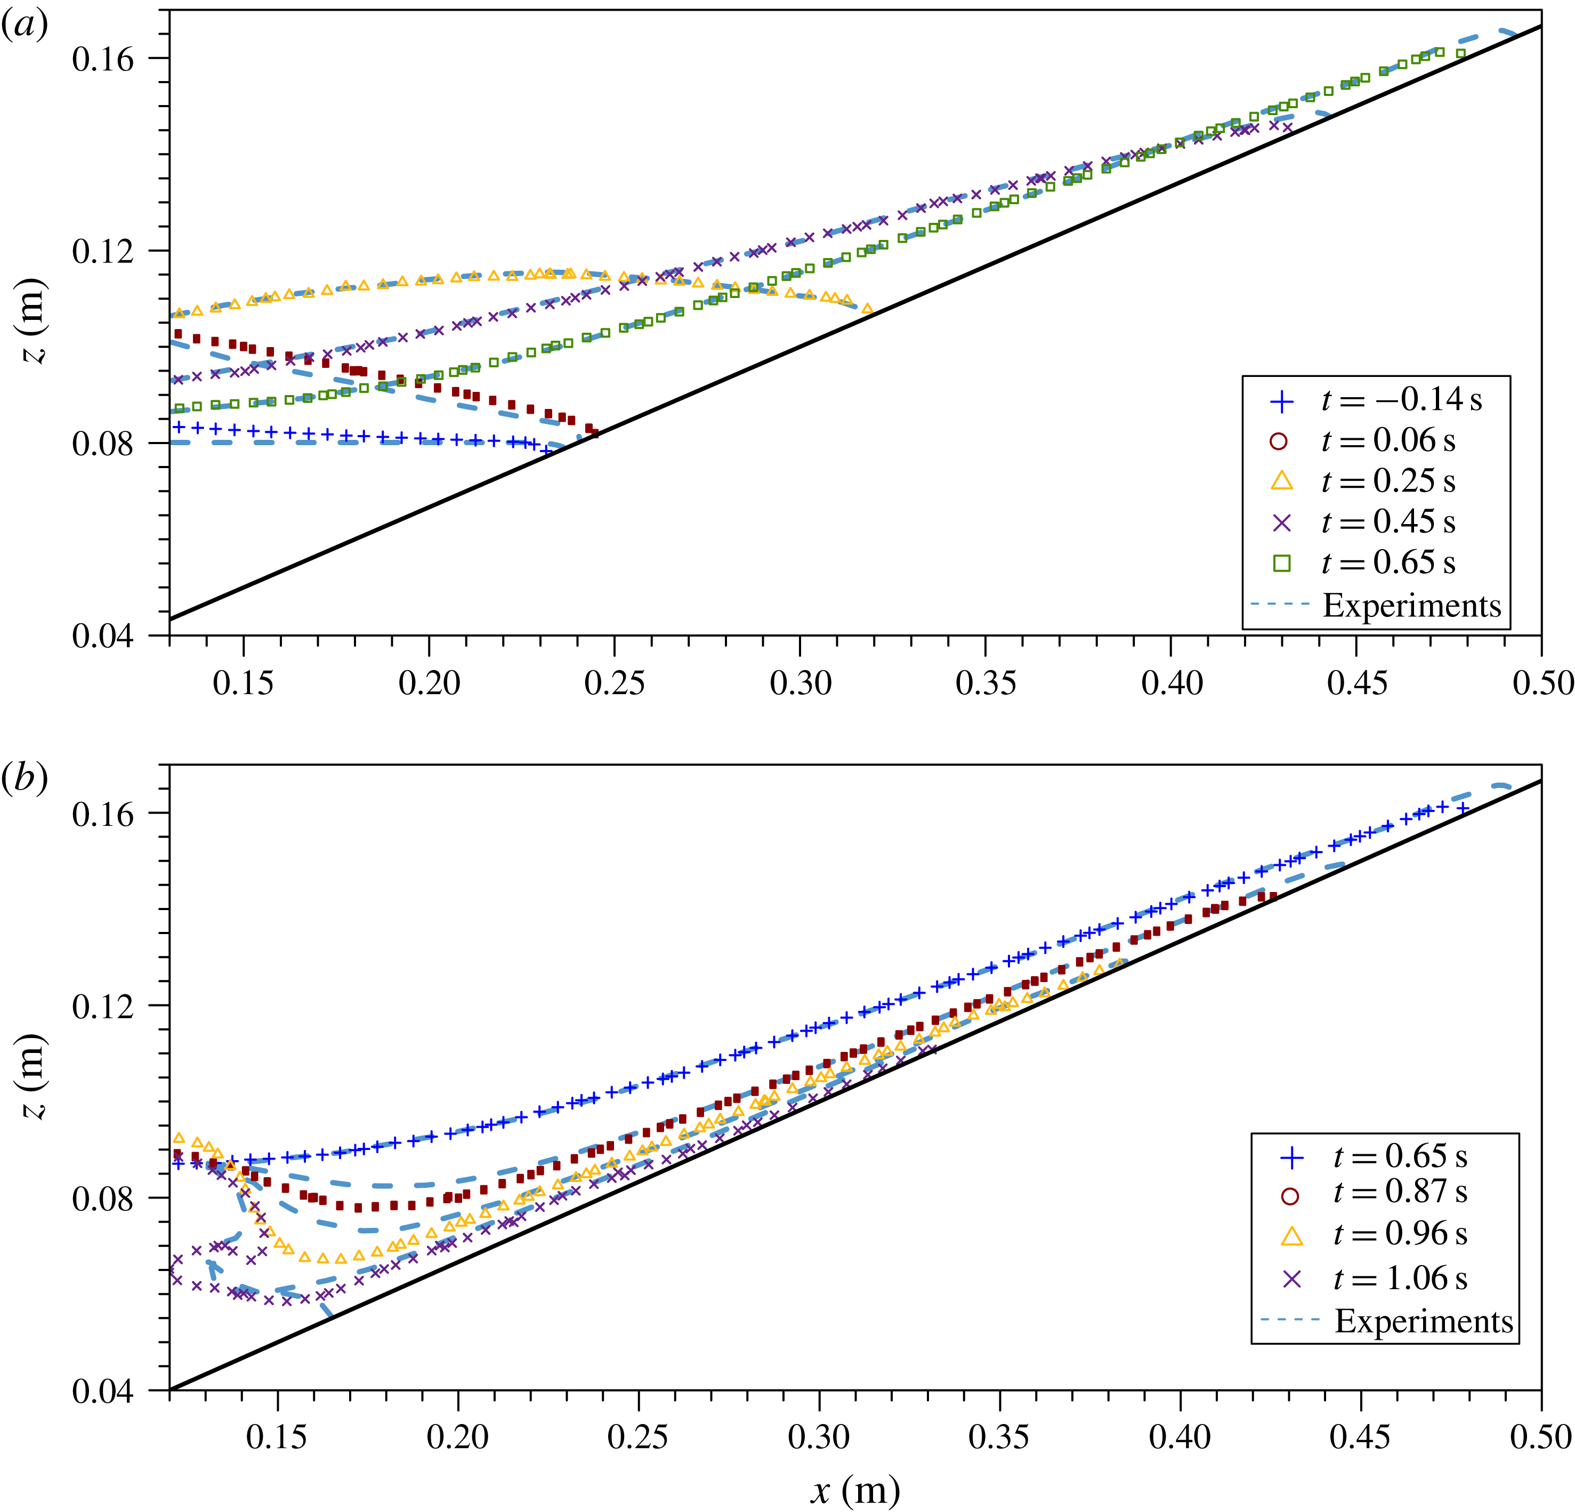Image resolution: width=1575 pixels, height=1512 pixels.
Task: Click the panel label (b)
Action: (24, 777)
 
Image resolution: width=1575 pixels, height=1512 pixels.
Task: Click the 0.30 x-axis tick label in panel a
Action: (801, 683)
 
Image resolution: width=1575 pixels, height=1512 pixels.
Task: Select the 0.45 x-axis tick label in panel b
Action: (1360, 1436)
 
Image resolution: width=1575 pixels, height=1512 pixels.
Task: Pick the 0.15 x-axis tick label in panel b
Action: (277, 1436)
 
